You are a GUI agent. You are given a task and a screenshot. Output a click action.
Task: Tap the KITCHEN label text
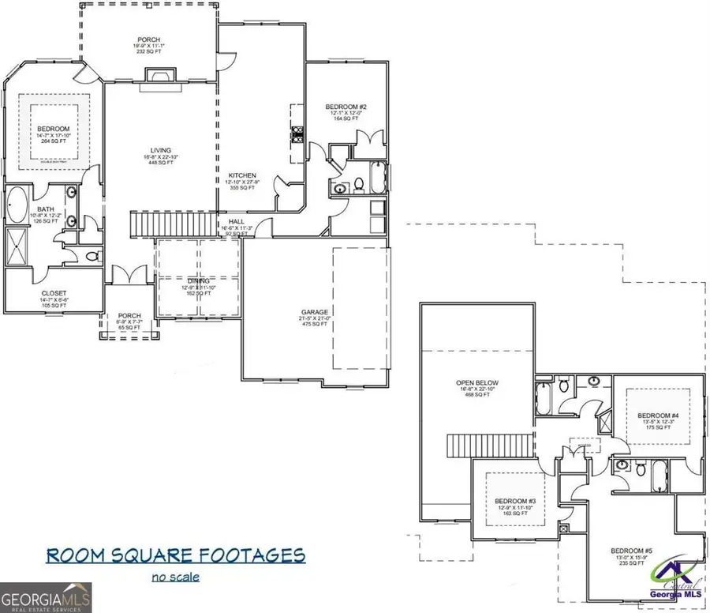pyautogui.click(x=242, y=175)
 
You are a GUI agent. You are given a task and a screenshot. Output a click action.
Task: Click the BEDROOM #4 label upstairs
pyautogui.click(x=657, y=416)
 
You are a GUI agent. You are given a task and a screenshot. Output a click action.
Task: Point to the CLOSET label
pyautogui.click(x=54, y=293)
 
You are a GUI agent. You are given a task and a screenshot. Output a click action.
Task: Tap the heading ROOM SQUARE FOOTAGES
pyautogui.click(x=175, y=555)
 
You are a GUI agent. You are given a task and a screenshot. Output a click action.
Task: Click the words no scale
pyautogui.click(x=175, y=577)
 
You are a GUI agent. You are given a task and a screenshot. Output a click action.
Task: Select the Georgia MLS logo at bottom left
pyautogui.click(x=46, y=597)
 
